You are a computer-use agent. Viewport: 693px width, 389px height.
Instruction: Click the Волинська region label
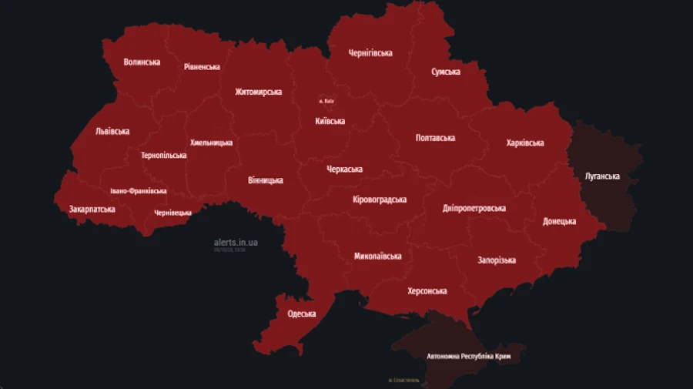(x=142, y=62)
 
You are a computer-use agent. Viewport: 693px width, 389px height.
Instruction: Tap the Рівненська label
(x=202, y=67)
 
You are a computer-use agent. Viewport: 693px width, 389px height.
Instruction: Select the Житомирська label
(x=258, y=92)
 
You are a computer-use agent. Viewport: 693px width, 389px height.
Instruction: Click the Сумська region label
(x=445, y=72)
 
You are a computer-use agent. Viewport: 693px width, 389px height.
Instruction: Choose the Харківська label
(x=525, y=143)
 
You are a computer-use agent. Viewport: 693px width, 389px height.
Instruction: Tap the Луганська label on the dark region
(x=602, y=176)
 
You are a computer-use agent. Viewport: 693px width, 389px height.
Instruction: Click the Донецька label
(x=559, y=221)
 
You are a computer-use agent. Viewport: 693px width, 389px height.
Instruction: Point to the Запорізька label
(x=497, y=260)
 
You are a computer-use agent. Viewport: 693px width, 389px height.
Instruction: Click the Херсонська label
(x=427, y=290)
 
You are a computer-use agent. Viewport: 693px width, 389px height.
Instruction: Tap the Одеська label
(x=302, y=314)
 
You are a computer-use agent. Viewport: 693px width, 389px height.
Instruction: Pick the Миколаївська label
(x=378, y=256)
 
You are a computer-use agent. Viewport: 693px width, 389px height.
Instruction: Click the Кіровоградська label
(x=379, y=200)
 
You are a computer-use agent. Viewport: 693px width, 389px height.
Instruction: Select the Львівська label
(x=112, y=131)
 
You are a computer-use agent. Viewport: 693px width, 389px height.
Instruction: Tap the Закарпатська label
(x=92, y=209)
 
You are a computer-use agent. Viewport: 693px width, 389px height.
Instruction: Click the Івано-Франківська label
(x=139, y=191)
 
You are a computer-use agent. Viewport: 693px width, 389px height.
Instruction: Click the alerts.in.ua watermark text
(x=236, y=242)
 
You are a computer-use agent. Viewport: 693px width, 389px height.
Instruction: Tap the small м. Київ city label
(x=326, y=101)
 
